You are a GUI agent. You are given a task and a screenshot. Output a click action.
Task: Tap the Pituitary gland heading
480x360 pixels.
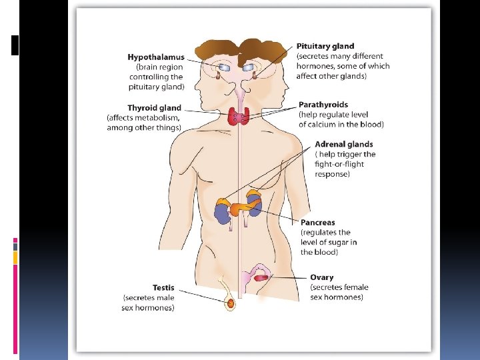click(325, 46)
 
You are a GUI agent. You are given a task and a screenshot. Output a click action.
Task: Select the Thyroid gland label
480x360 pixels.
click(154, 108)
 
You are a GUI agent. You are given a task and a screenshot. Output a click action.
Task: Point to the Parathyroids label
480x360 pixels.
click(323, 105)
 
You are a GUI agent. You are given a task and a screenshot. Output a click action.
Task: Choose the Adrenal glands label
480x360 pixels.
click(343, 144)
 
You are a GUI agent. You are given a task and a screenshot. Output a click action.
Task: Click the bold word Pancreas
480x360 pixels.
click(317, 222)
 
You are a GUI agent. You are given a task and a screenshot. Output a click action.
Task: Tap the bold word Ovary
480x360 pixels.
click(321, 277)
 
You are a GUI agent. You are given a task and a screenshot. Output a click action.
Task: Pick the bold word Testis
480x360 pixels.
click(163, 288)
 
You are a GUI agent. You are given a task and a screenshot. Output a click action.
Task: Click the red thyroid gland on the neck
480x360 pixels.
click(239, 117)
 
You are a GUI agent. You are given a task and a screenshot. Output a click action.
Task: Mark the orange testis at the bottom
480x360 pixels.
click(231, 303)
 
